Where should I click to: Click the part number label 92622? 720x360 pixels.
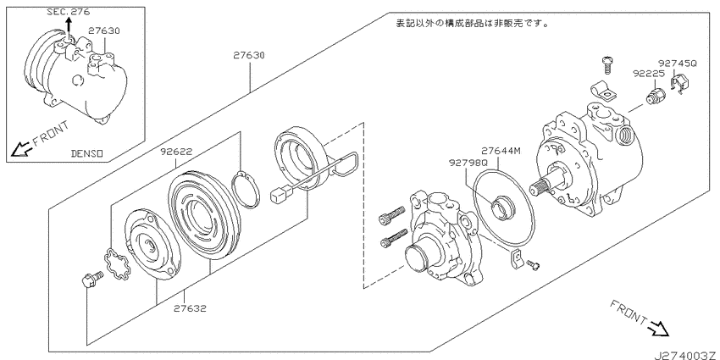pyautogui.click(x=176, y=151)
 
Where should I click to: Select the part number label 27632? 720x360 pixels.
pyautogui.click(x=190, y=308)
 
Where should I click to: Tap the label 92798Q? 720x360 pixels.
pyautogui.click(x=468, y=163)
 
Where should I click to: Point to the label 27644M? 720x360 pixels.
pyautogui.click(x=501, y=151)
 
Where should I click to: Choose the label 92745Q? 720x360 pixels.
pyautogui.click(x=678, y=63)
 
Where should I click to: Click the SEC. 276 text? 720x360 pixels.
pyautogui.click(x=69, y=12)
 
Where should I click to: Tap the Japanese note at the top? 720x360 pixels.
pyautogui.click(x=472, y=23)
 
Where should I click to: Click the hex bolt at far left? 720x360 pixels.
pyautogui.click(x=91, y=279)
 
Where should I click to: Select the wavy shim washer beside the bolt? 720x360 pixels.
pyautogui.click(x=117, y=264)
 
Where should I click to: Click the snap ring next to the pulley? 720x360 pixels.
pyautogui.click(x=246, y=190)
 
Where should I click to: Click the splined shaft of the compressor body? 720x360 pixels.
pyautogui.click(x=543, y=187)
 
